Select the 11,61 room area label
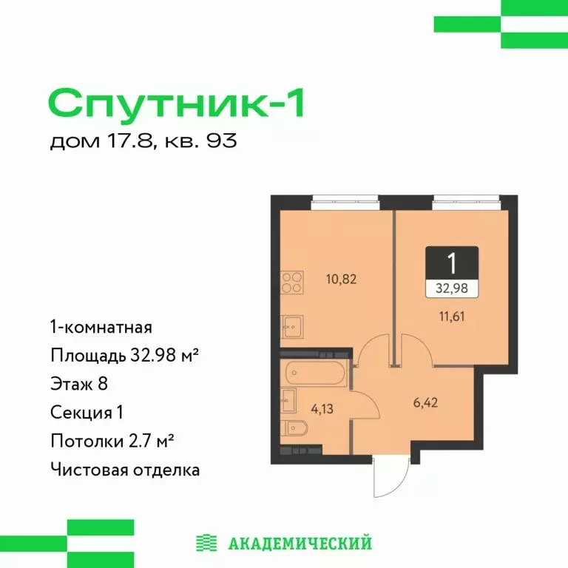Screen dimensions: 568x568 click(x=451, y=319)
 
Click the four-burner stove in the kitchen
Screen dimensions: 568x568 click(x=291, y=284)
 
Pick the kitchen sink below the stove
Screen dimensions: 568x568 click(x=291, y=326)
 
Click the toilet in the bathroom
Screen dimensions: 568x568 click(x=292, y=429)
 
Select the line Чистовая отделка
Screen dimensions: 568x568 click(x=125, y=469)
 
